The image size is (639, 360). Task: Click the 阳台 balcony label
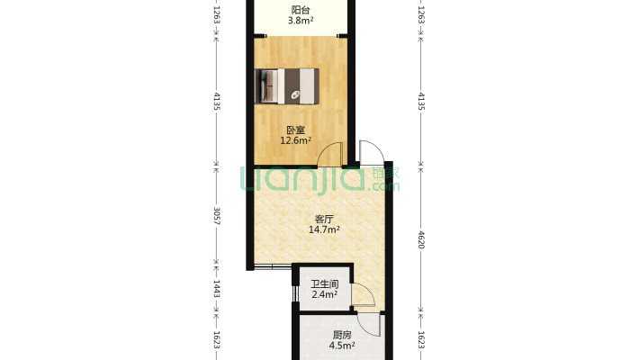[301, 10]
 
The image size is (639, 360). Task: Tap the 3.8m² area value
[301, 21]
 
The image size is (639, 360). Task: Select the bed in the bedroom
[287, 86]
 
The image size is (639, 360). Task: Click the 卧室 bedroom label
[296, 130]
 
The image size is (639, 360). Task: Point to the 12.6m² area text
[296, 140]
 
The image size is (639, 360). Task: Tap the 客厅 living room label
[324, 219]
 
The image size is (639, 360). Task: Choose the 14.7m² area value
[324, 229]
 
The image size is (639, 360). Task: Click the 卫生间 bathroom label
[325, 283]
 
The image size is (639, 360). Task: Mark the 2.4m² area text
[325, 294]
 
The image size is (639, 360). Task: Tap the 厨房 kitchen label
[342, 335]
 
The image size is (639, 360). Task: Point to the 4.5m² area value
[342, 346]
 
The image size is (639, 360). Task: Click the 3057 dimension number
[217, 216]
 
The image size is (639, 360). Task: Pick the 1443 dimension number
[217, 288]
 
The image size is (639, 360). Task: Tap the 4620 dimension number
[421, 239]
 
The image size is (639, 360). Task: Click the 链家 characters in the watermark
[386, 173]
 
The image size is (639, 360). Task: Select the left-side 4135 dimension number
[217, 101]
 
